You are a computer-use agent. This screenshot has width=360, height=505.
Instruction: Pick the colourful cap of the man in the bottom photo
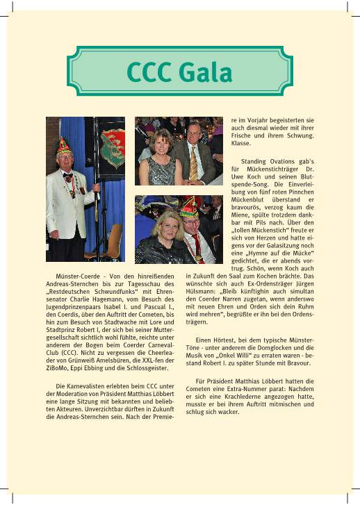(x=189, y=207)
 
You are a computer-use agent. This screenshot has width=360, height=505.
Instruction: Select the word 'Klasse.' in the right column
(x=240, y=144)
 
